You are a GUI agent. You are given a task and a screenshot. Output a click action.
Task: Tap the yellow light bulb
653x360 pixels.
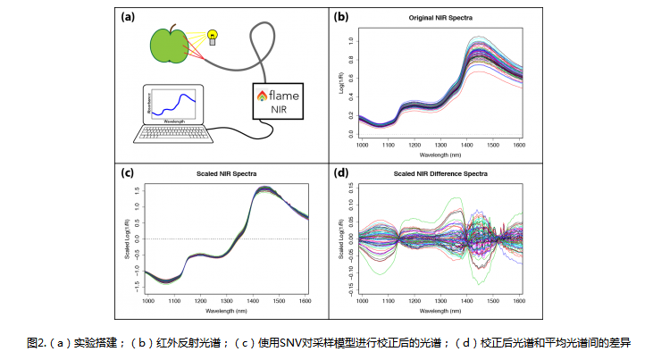click(213, 36)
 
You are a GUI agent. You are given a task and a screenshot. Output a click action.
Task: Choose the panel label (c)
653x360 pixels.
click(129, 171)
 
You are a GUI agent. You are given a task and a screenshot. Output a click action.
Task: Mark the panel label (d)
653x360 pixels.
click(341, 171)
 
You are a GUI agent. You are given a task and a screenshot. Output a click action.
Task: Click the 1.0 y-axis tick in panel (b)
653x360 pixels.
click(352, 40)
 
